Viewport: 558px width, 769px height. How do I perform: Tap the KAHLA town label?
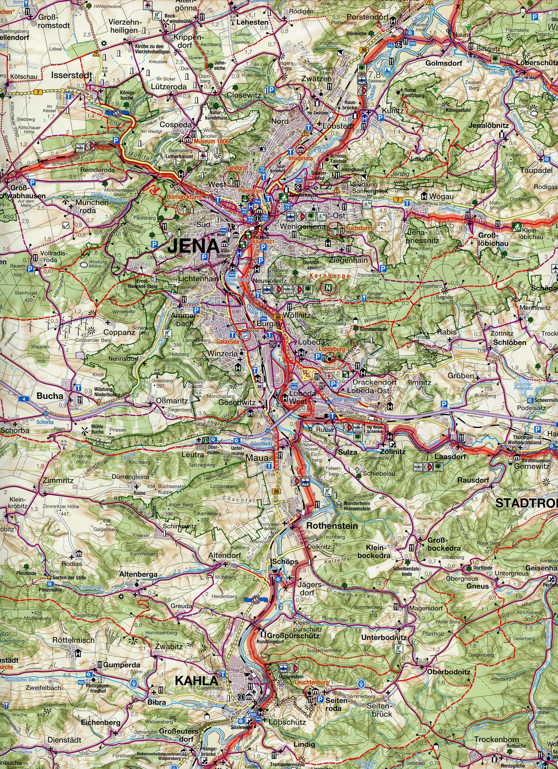point(196,680)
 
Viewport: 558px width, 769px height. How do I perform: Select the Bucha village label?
point(50,396)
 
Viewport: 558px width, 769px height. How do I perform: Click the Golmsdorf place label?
point(439,63)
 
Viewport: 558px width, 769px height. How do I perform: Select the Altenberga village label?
point(138,574)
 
